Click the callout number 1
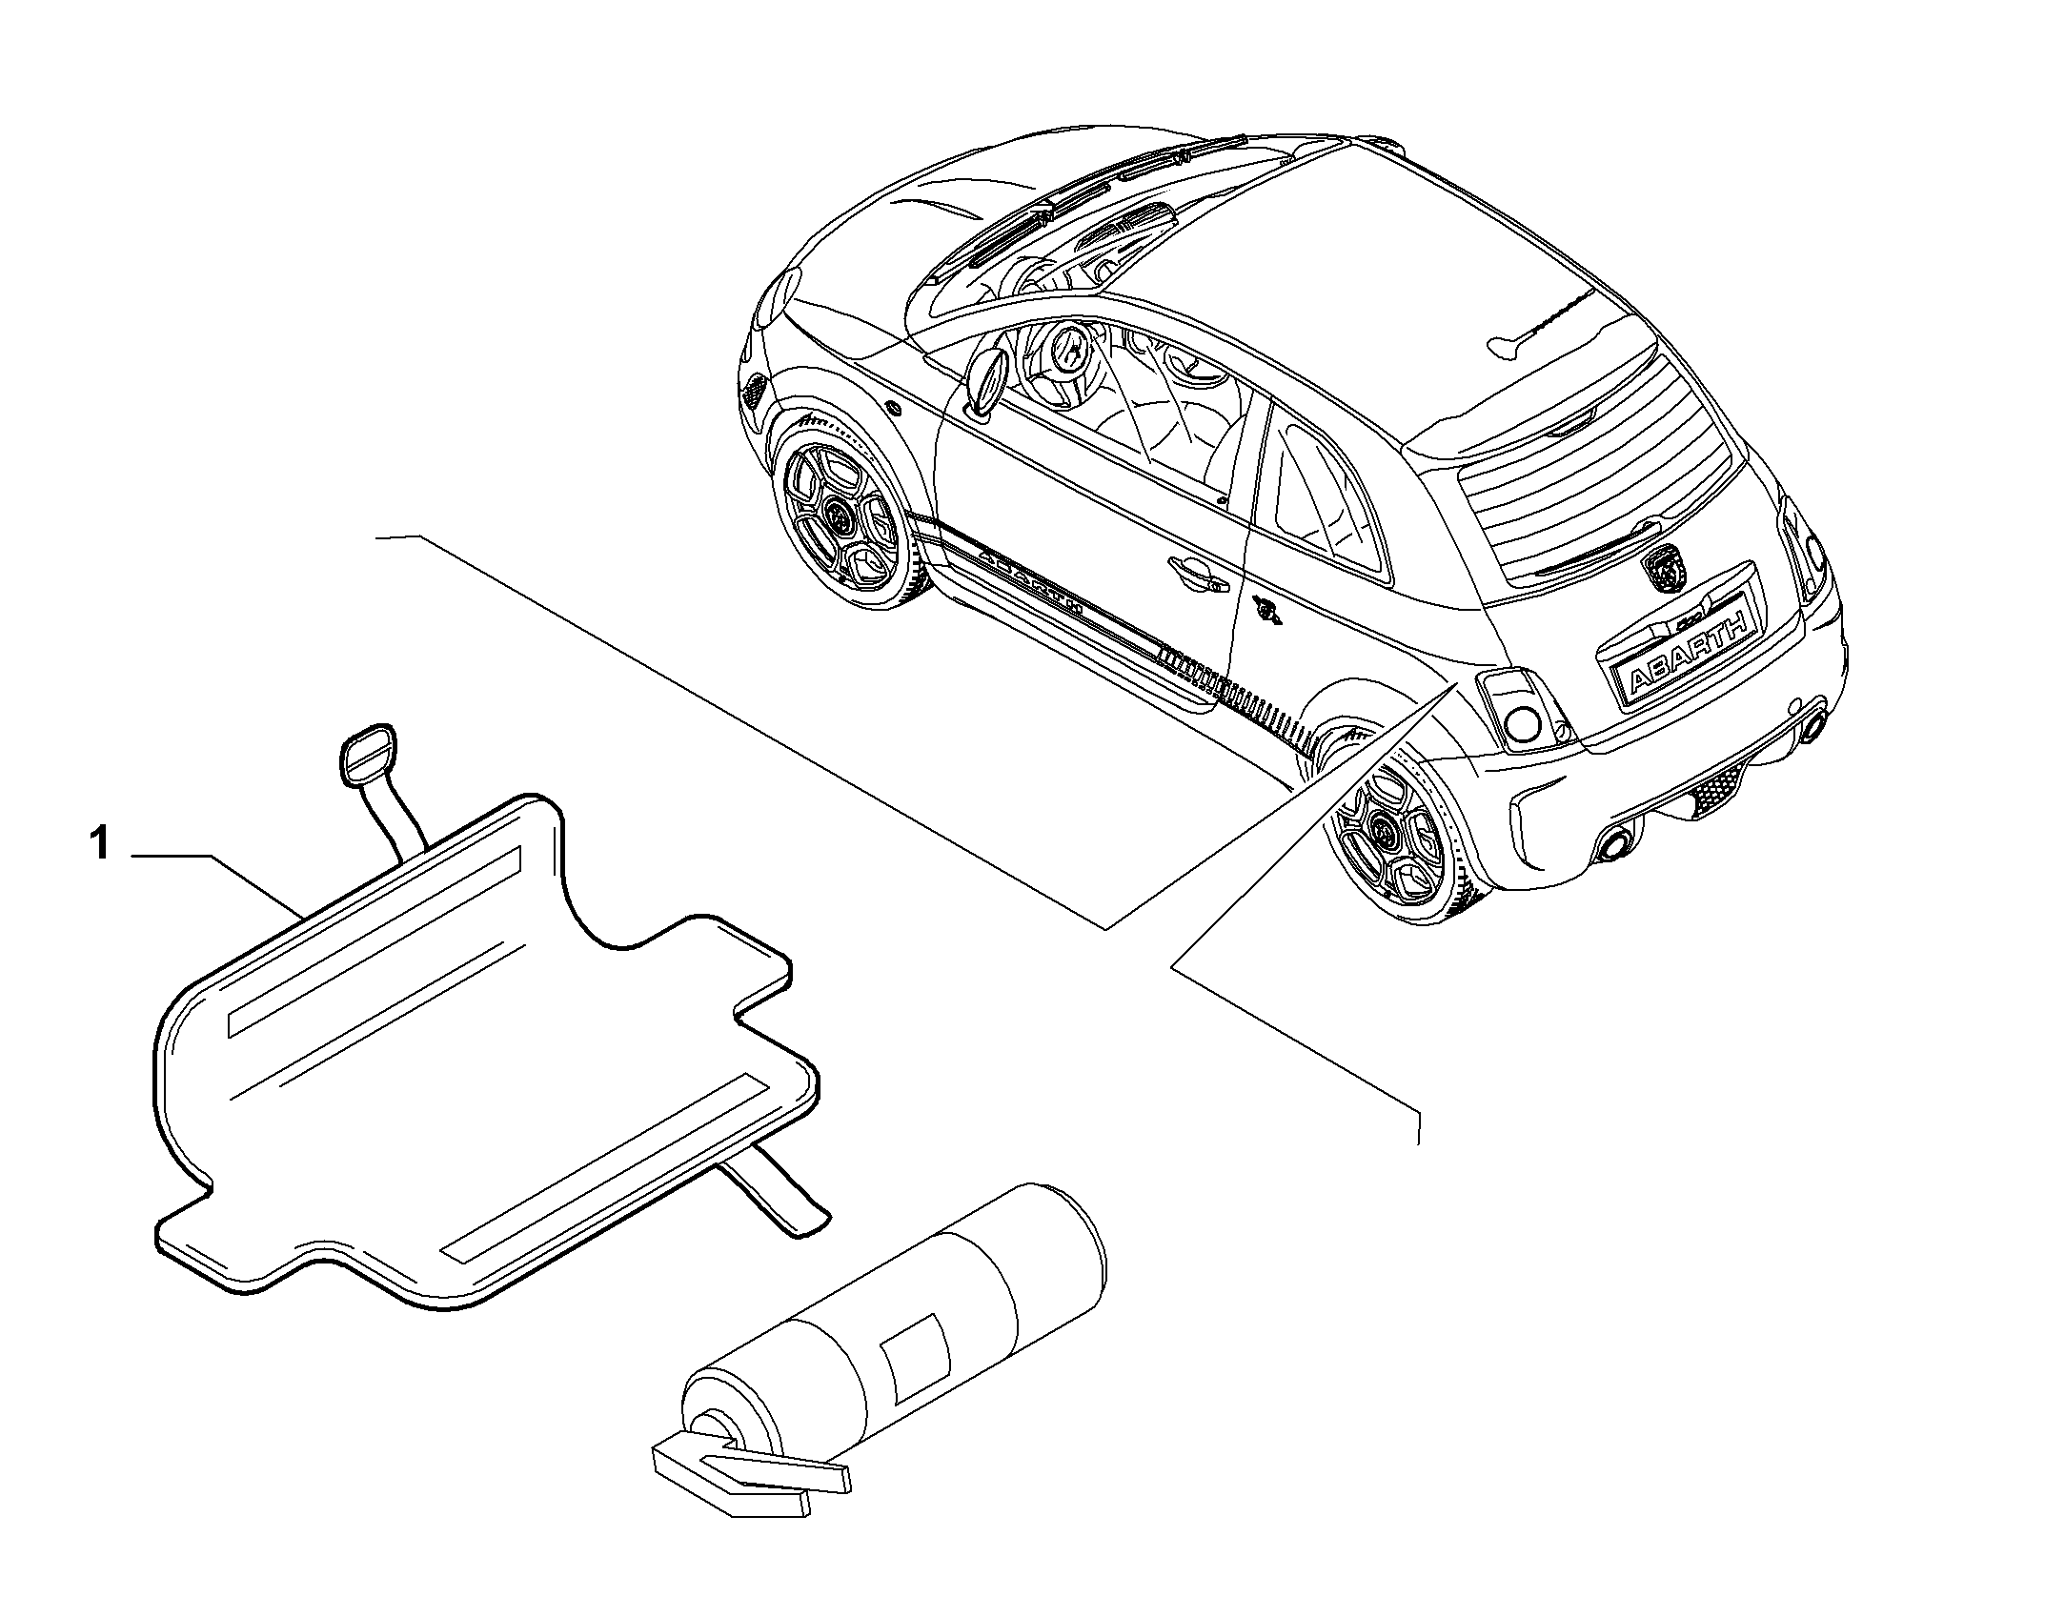pyautogui.click(x=100, y=845)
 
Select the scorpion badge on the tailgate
pyautogui.click(x=1663, y=570)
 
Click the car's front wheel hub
pyautogui.click(x=840, y=518)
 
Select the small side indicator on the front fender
pyautogui.click(x=892, y=407)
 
